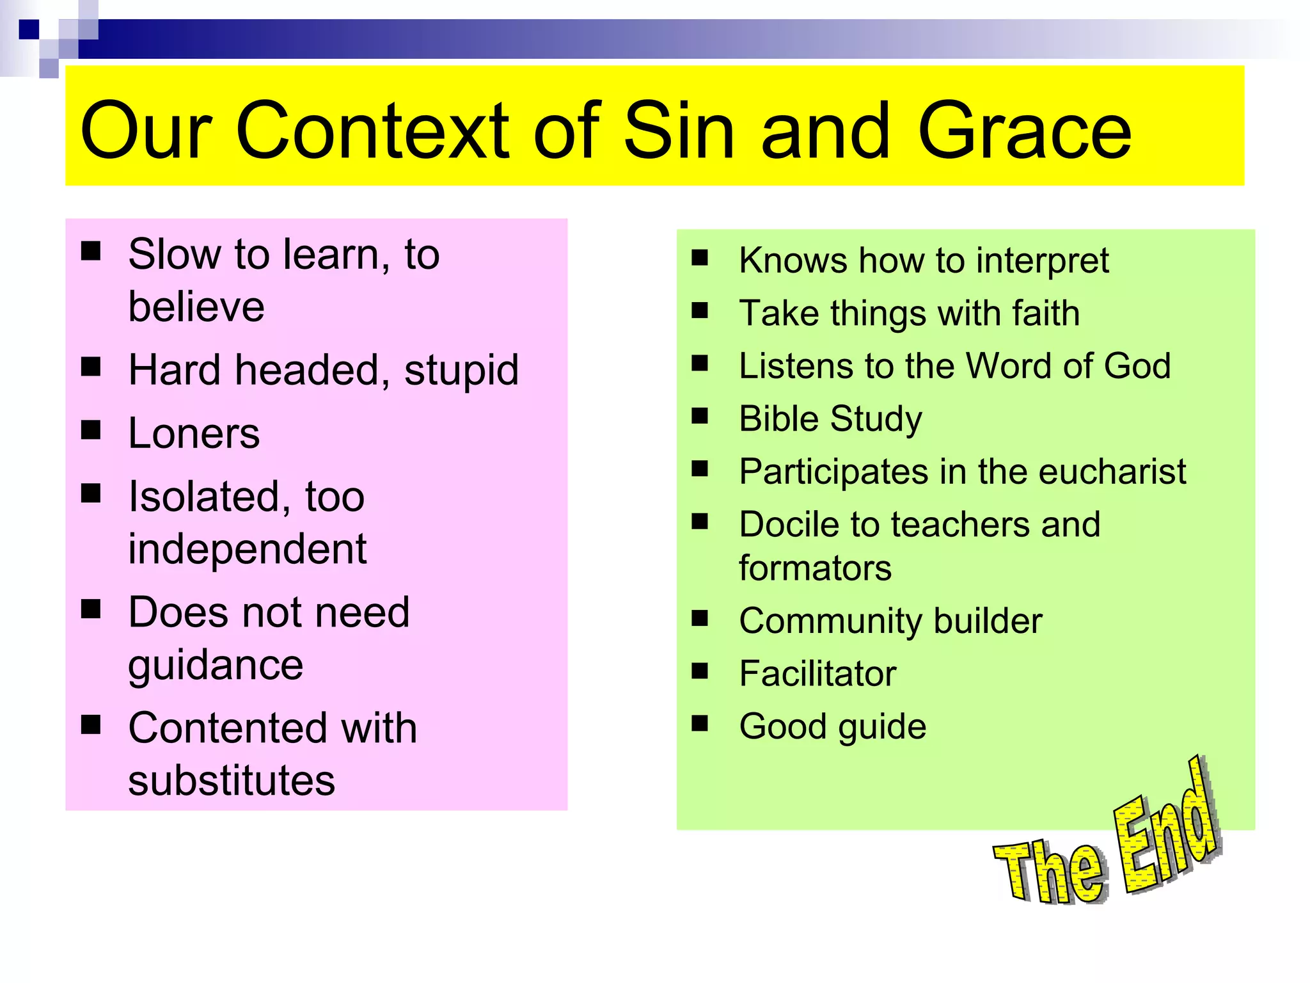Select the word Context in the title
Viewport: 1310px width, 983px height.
coord(372,131)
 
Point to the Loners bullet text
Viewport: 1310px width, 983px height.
coord(194,434)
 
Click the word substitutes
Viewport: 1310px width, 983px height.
coord(232,781)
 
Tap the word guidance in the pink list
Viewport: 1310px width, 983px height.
coord(216,666)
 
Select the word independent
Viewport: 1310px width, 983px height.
coord(247,549)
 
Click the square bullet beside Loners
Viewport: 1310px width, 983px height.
coord(91,430)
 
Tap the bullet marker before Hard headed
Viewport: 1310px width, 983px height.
coord(91,367)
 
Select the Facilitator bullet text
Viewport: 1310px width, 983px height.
coord(817,674)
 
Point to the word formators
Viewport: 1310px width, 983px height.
coord(815,568)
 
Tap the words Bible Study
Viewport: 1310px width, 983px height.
coord(830,419)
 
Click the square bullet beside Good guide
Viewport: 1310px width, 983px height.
coord(700,723)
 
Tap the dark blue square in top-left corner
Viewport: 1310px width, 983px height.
coord(28,29)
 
